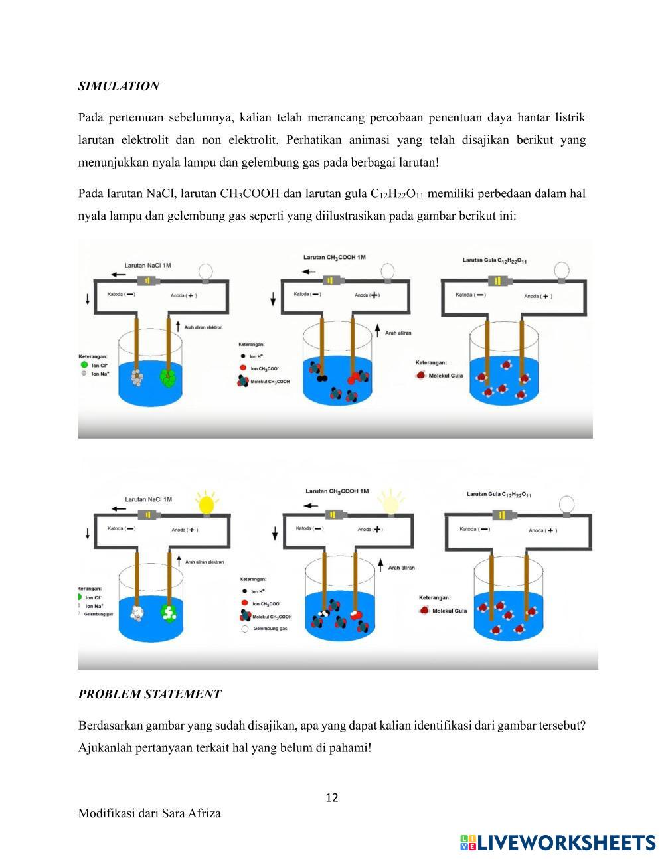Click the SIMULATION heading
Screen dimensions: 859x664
click(118, 86)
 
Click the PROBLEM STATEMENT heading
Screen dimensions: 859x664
click(149, 694)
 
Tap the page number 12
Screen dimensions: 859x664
click(332, 797)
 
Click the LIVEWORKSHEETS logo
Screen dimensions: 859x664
click(558, 842)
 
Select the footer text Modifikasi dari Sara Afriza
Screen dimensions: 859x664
click(149, 813)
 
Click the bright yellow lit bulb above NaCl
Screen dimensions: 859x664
click(207, 503)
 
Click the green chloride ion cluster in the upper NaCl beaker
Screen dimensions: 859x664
click(169, 378)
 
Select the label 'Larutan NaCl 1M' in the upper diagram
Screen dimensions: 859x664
click(147, 266)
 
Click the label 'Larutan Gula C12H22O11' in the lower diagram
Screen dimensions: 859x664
click(499, 495)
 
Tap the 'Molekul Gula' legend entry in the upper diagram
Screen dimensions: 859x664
click(446, 376)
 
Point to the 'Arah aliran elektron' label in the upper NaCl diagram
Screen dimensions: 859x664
click(203, 327)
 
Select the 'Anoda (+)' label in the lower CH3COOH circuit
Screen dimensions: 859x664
click(369, 529)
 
